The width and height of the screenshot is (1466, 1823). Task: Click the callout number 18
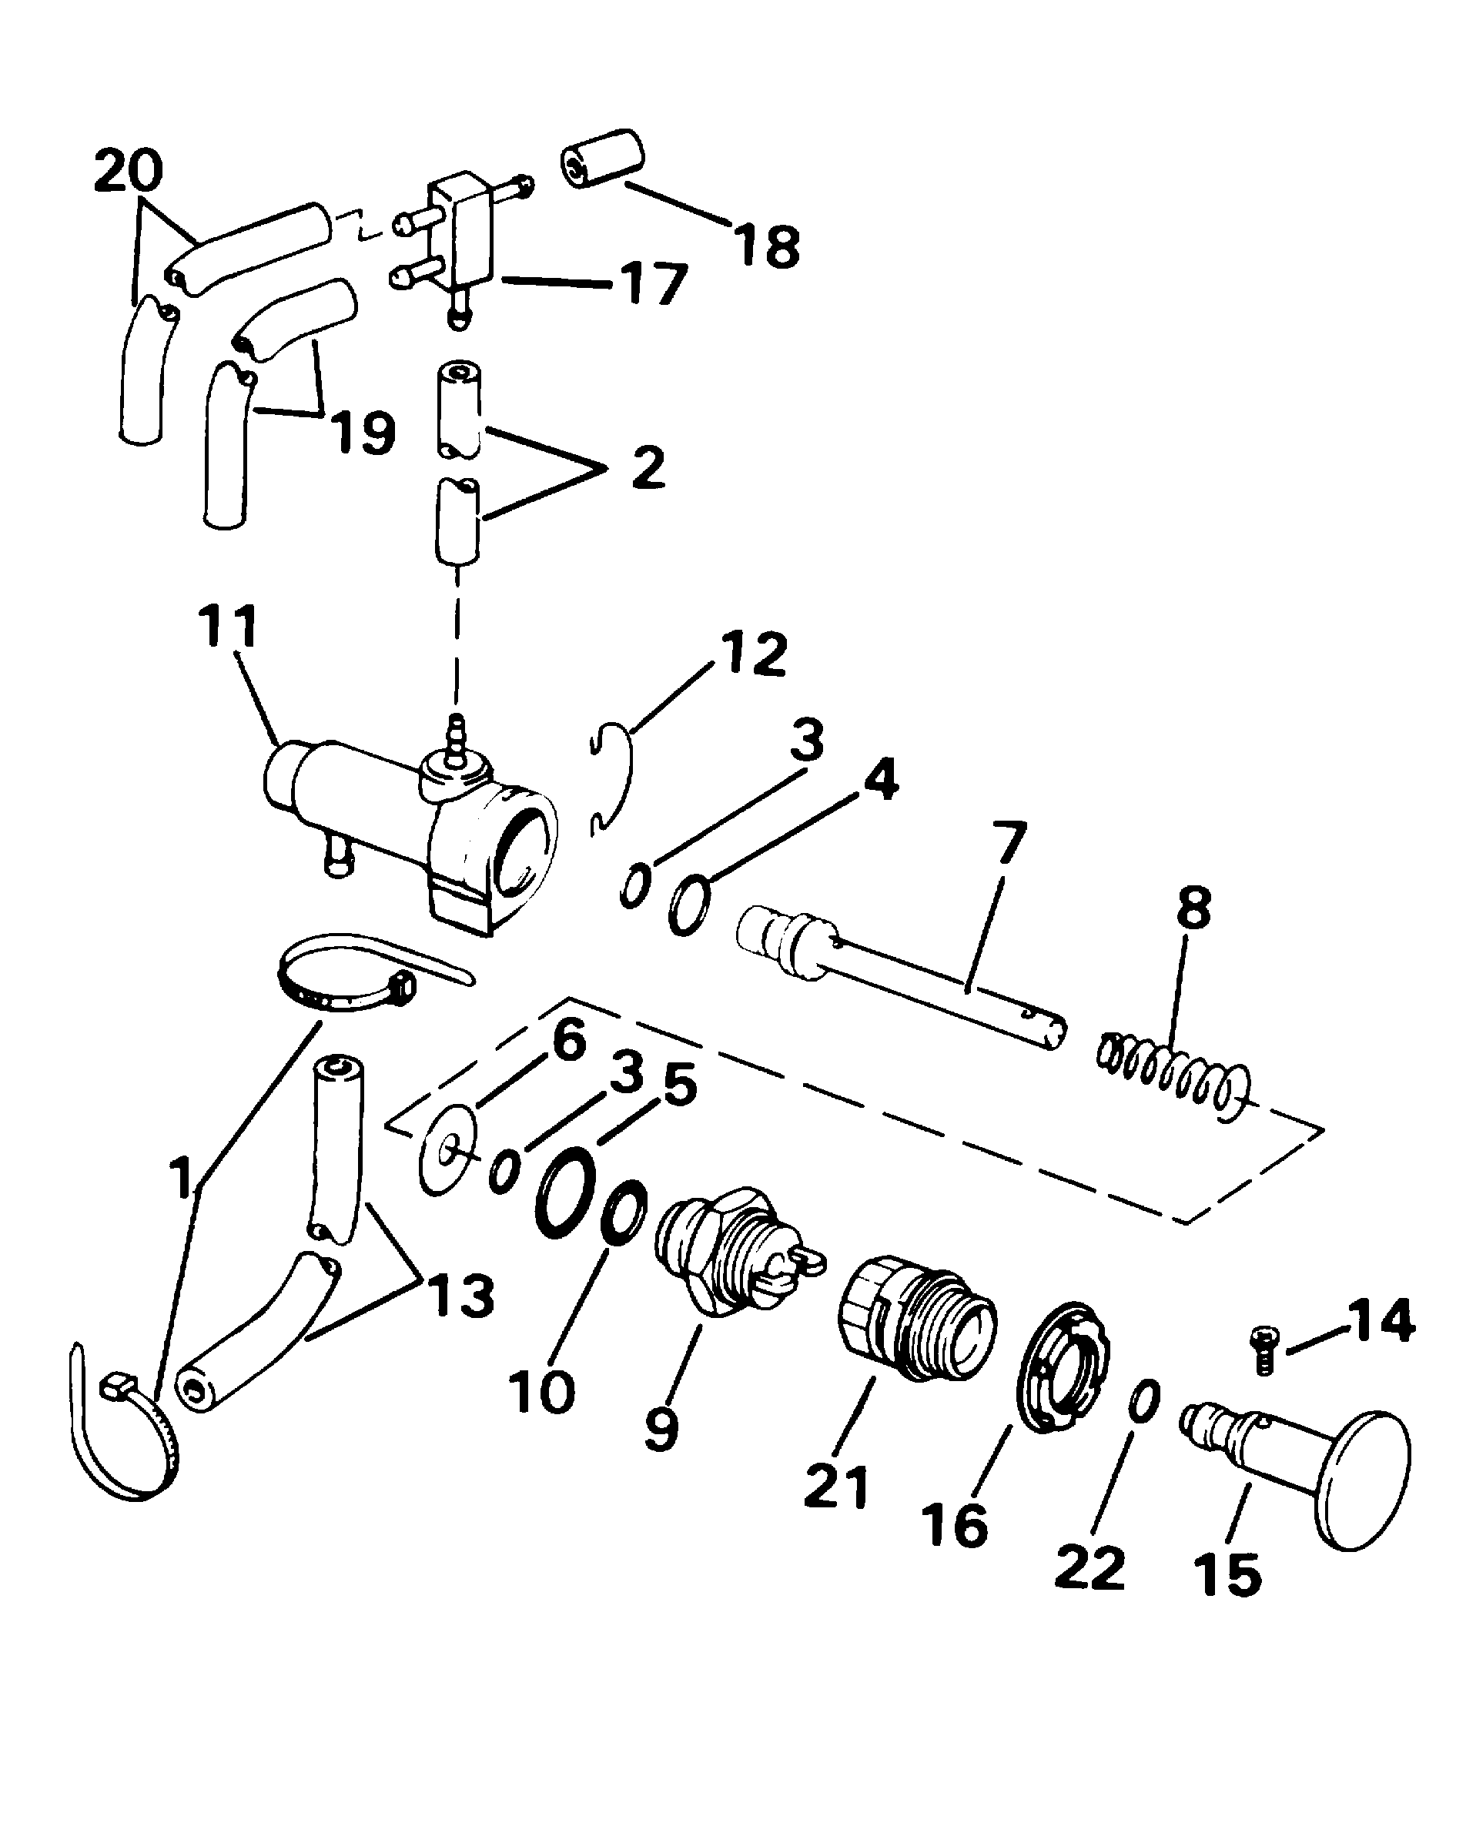point(767,246)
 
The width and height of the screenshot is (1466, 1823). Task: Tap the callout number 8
point(1193,908)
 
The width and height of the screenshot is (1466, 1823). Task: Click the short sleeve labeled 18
point(603,159)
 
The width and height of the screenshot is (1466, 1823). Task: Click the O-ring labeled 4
point(690,904)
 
